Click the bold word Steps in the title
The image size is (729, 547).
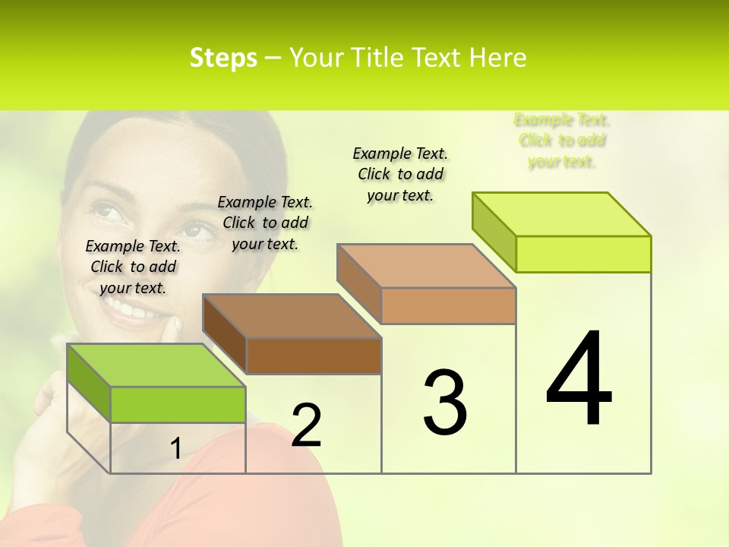pos(223,58)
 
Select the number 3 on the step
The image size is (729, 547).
pos(445,402)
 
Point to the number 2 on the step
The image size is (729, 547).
pos(306,425)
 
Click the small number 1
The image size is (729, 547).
pos(175,449)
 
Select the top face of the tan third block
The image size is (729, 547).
pos(426,266)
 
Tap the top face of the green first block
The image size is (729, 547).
pos(156,365)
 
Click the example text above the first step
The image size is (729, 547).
pos(133,267)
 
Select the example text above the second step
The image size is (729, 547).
pos(265,223)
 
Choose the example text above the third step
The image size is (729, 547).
pos(400,174)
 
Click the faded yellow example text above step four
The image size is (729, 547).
pos(562,141)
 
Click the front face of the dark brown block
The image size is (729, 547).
pos(314,356)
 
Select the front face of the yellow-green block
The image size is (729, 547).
pos(583,254)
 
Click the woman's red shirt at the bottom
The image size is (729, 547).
pos(251,509)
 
